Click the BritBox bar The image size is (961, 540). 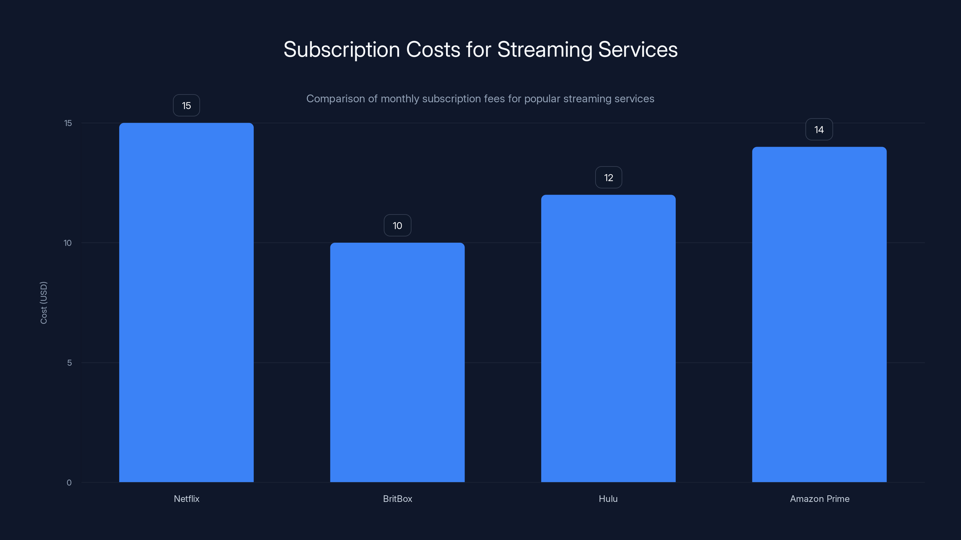pos(397,362)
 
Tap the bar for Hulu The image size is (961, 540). pos(608,338)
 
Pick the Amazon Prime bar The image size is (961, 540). pos(819,314)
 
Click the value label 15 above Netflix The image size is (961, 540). pos(186,106)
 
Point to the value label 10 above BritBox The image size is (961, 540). pos(397,226)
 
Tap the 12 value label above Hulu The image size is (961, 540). pos(608,177)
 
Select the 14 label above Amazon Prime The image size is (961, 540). pos(819,129)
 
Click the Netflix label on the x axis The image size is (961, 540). pos(186,499)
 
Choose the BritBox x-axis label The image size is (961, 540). pos(397,499)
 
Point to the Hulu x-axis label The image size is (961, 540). pos(608,499)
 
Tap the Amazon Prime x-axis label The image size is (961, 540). pos(820,499)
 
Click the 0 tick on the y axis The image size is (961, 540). pos(69,483)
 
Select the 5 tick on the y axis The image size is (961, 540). pos(69,363)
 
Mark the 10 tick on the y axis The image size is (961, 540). pos(68,243)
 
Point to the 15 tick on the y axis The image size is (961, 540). pos(68,123)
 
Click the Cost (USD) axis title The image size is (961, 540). pos(44,303)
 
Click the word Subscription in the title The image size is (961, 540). pos(341,49)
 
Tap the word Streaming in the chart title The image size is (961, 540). pos(545,49)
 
